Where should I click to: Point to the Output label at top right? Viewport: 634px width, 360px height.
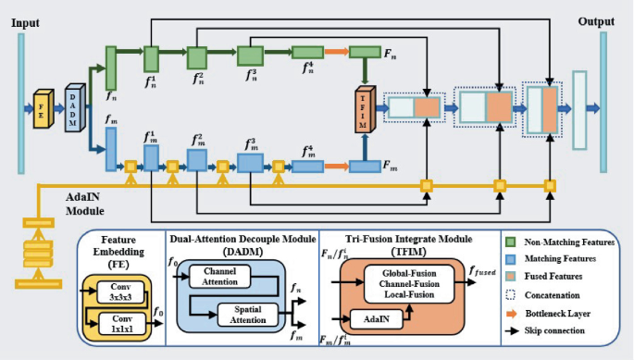(598, 20)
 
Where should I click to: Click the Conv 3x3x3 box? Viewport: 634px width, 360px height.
(118, 293)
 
